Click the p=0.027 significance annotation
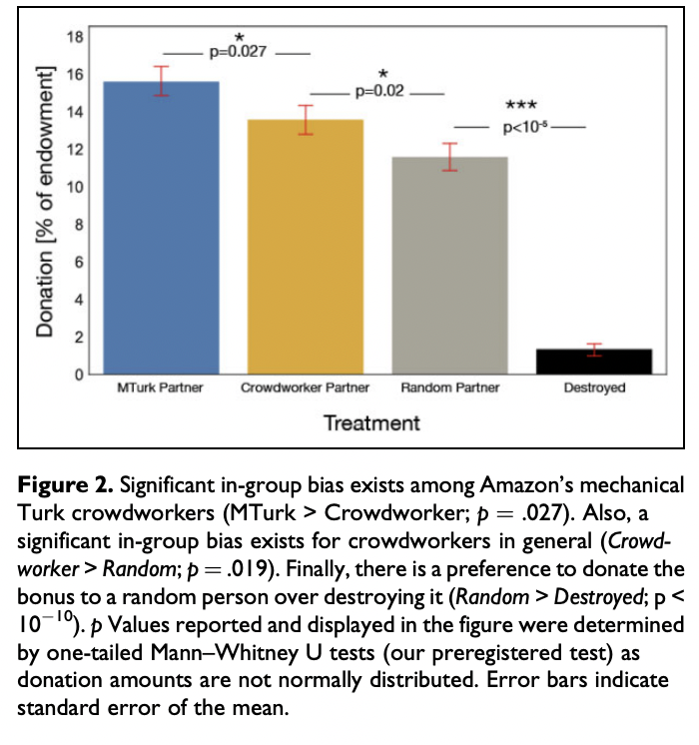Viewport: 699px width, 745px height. coord(238,51)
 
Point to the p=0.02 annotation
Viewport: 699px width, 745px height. coord(380,92)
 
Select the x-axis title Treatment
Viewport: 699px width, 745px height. coord(371,422)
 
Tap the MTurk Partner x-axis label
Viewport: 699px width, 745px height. coord(161,387)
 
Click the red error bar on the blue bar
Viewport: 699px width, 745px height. coord(161,81)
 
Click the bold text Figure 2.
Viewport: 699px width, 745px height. coord(62,487)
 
